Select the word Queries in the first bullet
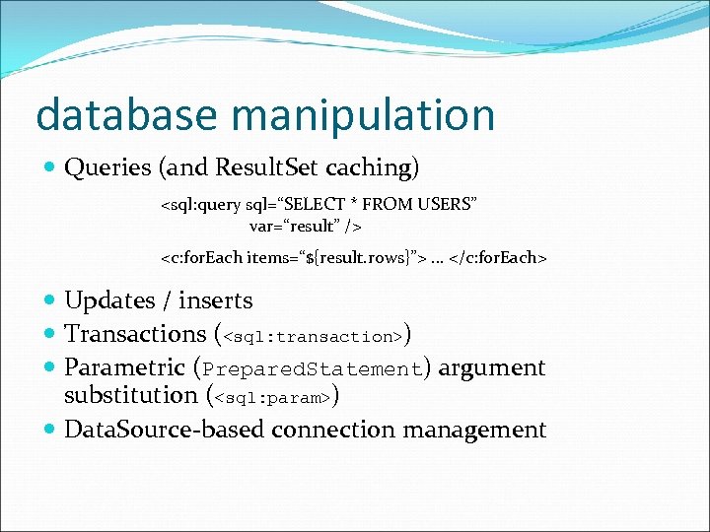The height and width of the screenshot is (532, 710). pos(106,168)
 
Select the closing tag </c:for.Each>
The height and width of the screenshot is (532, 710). pos(500,258)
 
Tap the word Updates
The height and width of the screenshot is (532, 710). pos(109,301)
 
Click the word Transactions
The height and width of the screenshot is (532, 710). pos(135,334)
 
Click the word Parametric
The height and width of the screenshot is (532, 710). pos(124,368)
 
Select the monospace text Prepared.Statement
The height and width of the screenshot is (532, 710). pos(312,369)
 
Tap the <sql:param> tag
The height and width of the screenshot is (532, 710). pos(272,399)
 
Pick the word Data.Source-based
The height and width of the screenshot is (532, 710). pos(165,430)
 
